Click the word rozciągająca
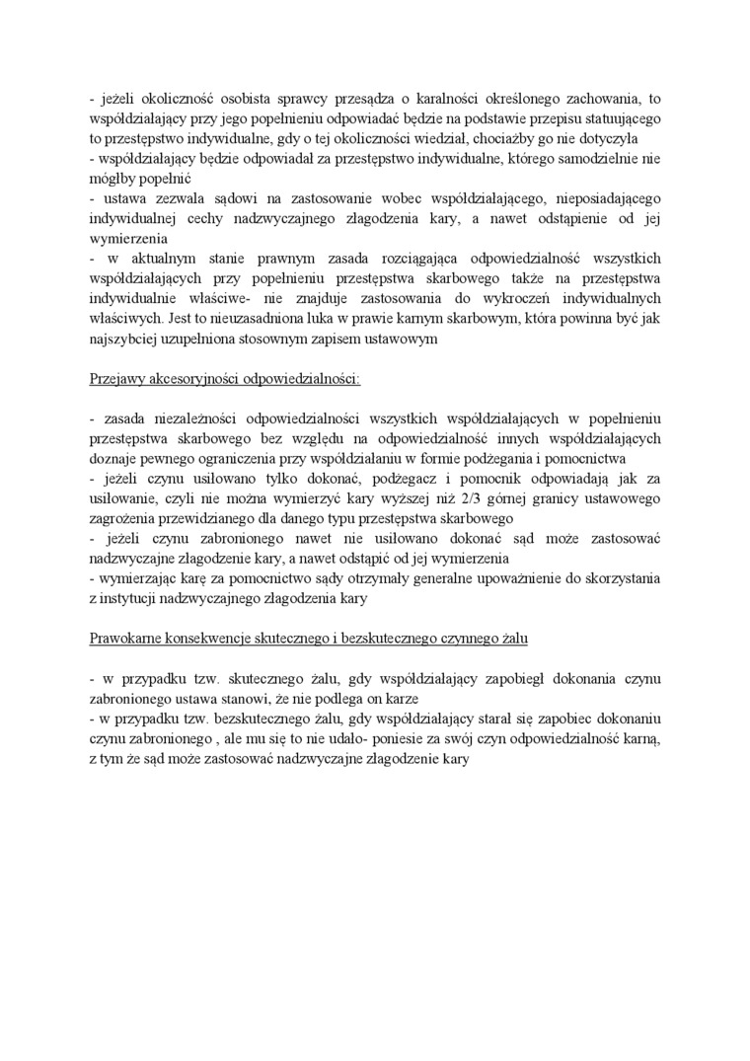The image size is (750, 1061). click(386, 259)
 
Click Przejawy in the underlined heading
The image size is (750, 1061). click(116, 378)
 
